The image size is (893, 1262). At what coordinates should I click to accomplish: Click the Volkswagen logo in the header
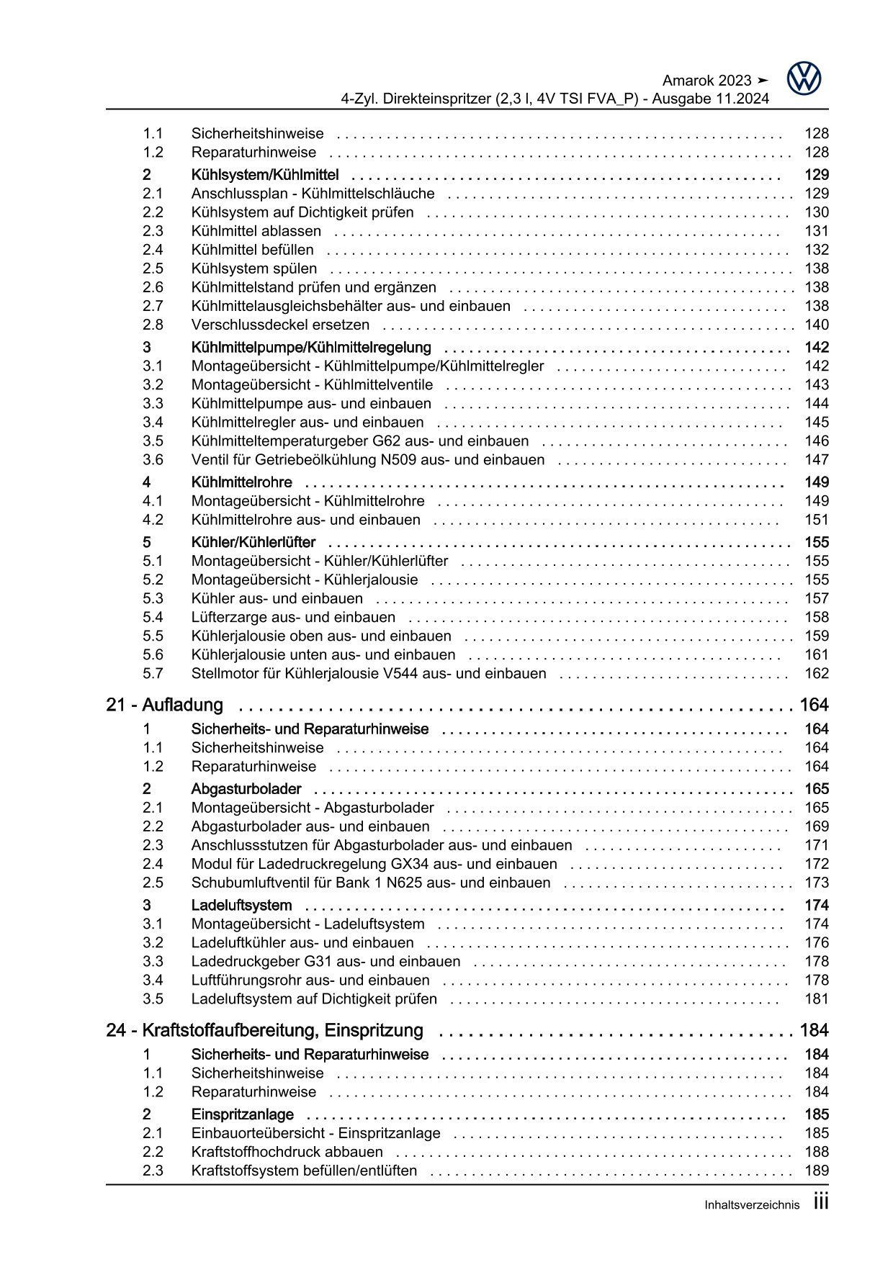pos(804,78)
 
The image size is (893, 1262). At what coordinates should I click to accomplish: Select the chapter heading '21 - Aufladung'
pos(165,705)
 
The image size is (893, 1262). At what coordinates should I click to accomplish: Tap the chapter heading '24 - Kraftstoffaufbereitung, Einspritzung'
pos(264,1030)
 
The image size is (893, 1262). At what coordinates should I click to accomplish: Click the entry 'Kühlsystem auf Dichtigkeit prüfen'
pos(302,212)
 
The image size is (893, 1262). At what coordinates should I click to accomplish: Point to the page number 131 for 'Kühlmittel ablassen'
pos(817,231)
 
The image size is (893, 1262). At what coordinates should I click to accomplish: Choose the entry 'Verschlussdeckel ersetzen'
pos(280,325)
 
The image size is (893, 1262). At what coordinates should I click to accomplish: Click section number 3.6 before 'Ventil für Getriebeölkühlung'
pos(153,460)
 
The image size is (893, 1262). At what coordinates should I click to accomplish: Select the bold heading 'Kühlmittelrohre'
pos(241,482)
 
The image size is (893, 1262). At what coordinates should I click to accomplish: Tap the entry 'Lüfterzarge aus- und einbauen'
pos(293,617)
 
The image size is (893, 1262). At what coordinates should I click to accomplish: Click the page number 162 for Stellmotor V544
pos(817,674)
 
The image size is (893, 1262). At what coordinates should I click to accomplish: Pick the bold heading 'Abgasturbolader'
pos(246,789)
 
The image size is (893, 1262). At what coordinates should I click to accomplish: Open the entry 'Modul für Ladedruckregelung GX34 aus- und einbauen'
pos(374,864)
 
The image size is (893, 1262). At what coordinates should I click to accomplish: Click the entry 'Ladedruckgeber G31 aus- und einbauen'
pos(326,962)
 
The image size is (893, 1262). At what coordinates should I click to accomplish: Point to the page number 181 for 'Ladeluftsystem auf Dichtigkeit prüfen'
pos(817,999)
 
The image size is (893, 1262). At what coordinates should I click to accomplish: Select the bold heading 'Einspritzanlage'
pos(243,1114)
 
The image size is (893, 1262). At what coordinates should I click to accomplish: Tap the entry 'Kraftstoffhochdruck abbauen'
pos(287,1152)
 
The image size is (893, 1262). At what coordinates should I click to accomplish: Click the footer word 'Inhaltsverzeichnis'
pos(752,1205)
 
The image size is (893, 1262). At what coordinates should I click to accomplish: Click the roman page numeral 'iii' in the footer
pos(820,1202)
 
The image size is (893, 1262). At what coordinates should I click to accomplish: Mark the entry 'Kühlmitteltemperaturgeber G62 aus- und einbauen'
pos(360,441)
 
